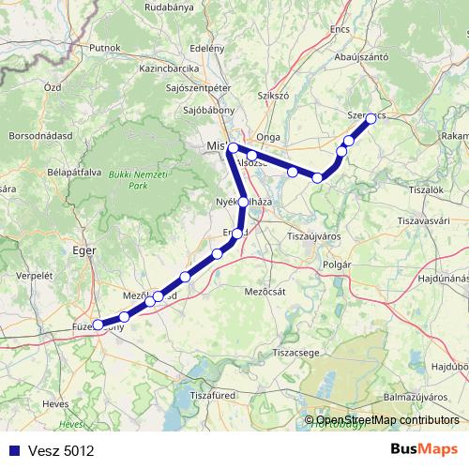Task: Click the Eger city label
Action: (x=84, y=250)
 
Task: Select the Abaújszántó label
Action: (x=361, y=57)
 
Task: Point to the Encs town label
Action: (x=340, y=29)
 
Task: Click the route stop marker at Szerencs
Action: (x=371, y=118)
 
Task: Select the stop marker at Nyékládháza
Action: (x=244, y=202)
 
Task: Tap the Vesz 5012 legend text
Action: (x=61, y=451)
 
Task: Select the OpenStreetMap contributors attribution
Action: (x=387, y=420)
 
